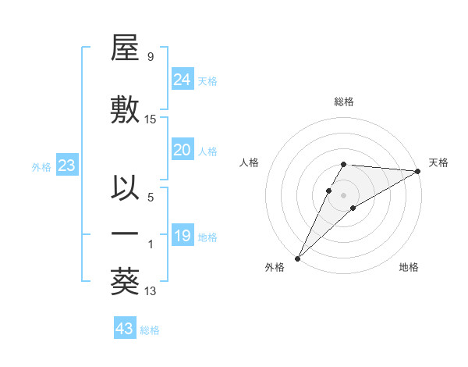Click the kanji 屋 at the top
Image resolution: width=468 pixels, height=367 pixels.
click(125, 51)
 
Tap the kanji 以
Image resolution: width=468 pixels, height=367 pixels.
click(125, 189)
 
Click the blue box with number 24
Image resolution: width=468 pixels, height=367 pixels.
click(182, 80)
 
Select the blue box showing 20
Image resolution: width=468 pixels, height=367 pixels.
click(182, 150)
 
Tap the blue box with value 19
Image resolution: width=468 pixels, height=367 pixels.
click(182, 236)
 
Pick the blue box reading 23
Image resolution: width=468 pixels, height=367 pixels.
click(66, 166)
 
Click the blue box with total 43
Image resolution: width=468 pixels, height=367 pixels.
click(124, 329)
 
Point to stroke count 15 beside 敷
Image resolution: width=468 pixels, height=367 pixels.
click(151, 119)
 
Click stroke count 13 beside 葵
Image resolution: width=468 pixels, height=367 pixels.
click(151, 291)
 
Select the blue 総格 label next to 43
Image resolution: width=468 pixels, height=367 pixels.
click(150, 330)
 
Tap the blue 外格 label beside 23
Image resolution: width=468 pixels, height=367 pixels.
click(41, 167)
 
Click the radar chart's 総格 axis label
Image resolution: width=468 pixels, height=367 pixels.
click(344, 102)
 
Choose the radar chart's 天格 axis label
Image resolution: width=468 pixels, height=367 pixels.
click(438, 162)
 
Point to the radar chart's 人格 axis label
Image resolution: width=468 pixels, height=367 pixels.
click(250, 162)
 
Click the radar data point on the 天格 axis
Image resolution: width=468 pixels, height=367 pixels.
click(418, 171)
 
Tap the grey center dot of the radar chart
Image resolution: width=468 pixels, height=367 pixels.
click(343, 193)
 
